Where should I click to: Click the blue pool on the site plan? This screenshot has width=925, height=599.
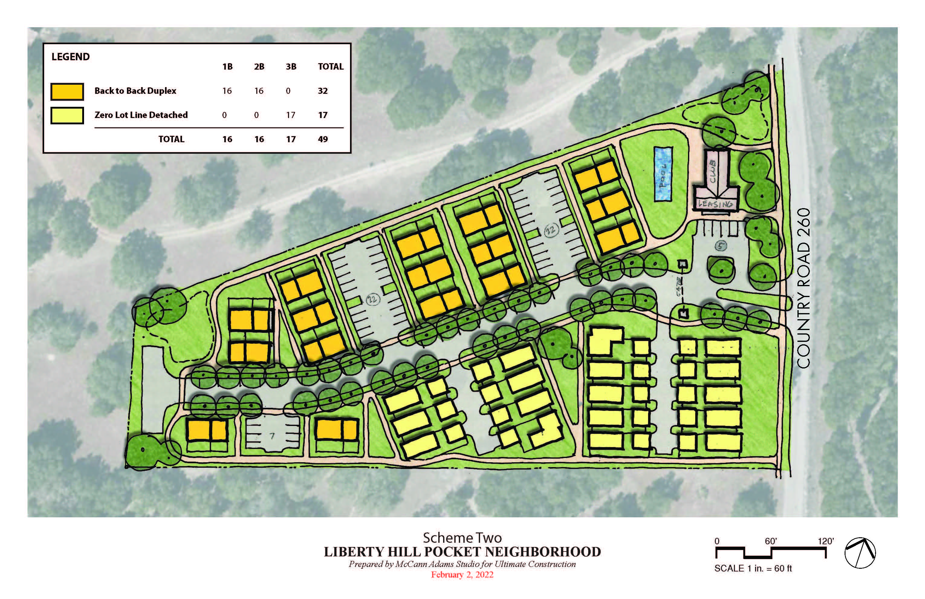point(663,174)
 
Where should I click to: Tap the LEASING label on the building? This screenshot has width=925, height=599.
point(716,203)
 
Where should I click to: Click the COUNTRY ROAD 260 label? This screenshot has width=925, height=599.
point(804,288)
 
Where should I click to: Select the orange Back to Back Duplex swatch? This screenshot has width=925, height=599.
point(67,91)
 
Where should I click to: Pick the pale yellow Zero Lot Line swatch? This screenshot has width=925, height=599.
point(67,116)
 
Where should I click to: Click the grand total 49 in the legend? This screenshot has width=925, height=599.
point(323,139)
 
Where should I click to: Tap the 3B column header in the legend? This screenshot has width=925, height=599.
point(291,67)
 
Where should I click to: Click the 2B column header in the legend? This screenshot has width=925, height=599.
point(259,67)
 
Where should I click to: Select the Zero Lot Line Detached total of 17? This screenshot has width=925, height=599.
point(323,115)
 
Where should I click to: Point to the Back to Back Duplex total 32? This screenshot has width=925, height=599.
point(323,91)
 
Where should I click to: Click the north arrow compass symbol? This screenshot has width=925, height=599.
point(860,553)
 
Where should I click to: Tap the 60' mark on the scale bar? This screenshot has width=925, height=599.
point(771,541)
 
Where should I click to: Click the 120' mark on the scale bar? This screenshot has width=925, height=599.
point(826,541)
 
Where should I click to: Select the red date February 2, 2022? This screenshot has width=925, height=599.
point(462,575)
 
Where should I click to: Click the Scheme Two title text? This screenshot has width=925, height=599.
point(462,538)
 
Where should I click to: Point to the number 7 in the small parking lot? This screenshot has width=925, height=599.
point(272,436)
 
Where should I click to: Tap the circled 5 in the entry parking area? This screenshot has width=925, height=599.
point(721,246)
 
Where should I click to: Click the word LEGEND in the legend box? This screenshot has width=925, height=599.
point(70,57)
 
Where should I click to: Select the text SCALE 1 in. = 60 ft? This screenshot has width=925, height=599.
point(753,568)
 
